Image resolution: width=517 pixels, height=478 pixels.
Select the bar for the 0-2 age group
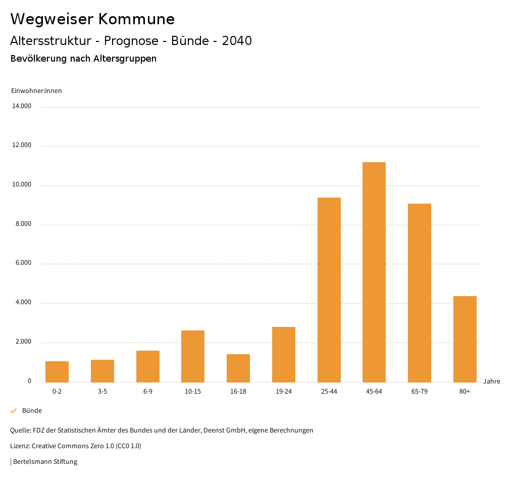[x=57, y=372]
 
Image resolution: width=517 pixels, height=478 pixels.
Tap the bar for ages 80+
[x=464, y=339]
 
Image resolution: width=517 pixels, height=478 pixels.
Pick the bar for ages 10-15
[x=193, y=356]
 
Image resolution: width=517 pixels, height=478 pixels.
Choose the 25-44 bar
[x=329, y=290]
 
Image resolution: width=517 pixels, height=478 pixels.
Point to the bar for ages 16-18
[x=238, y=368]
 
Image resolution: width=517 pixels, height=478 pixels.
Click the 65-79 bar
[x=420, y=293]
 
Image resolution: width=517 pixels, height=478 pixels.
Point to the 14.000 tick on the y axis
[x=22, y=106]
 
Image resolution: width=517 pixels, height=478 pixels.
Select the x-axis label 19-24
[x=284, y=392]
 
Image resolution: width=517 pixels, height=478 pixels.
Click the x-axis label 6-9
[x=148, y=392]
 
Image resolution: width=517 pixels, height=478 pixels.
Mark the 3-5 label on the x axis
[x=102, y=392]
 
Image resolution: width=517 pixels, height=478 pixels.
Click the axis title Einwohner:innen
[x=36, y=91]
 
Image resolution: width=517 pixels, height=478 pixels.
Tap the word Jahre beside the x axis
[x=492, y=381]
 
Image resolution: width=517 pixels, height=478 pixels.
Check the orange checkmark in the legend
[x=14, y=411]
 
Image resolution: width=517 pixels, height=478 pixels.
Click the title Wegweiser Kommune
[x=92, y=19]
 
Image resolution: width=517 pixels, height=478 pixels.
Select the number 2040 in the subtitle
[x=237, y=41]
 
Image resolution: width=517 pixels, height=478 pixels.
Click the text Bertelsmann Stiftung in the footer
[x=45, y=461]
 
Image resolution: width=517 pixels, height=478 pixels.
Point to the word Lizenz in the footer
[x=20, y=446]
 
